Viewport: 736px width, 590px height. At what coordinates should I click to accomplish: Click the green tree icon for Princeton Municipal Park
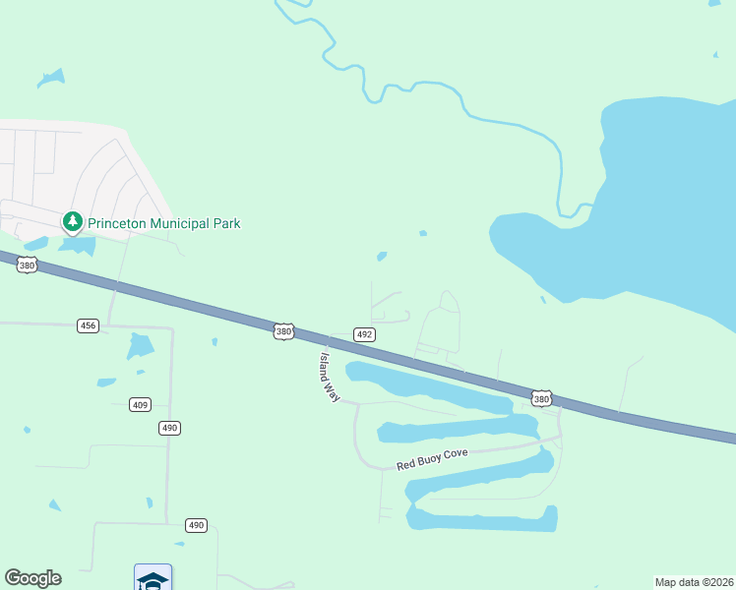pos(72,222)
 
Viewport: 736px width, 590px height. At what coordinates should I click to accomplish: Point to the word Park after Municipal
pos(227,223)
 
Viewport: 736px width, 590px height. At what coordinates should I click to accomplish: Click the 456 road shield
pos(89,325)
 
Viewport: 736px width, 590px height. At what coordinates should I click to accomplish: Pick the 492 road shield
pos(364,334)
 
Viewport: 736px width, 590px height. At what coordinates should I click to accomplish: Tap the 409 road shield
pos(140,404)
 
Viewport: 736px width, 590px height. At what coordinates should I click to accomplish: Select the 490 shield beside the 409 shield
pos(170,428)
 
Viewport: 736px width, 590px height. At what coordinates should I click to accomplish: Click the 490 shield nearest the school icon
pos(197,525)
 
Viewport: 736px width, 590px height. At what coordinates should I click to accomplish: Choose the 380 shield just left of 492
pos(283,332)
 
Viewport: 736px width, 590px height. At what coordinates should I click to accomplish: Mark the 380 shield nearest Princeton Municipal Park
pos(28,265)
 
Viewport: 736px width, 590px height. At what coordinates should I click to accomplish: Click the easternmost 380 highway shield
pos(541,398)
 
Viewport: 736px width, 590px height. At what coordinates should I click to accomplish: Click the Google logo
pos(32,578)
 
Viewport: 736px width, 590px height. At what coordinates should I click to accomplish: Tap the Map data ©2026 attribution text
pos(694,582)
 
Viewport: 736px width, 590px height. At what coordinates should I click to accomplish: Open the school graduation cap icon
pos(153,579)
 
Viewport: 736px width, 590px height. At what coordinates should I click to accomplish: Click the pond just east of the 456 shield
pos(141,346)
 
